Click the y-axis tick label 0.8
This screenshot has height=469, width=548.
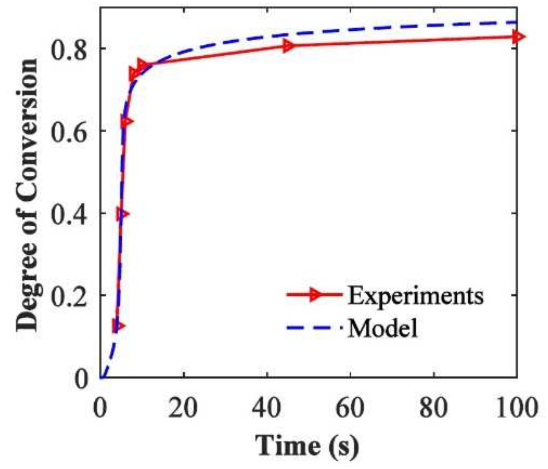pyautogui.click(x=69, y=49)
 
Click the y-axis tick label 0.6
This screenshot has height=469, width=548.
pyautogui.click(x=69, y=131)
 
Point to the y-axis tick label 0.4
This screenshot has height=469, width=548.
pyautogui.click(x=69, y=214)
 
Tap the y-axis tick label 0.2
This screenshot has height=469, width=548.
pyautogui.click(x=69, y=296)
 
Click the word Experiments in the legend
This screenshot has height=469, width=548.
pyautogui.click(x=415, y=296)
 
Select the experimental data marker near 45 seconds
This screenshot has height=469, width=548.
pyautogui.click(x=288, y=46)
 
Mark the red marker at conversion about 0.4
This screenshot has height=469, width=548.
pyautogui.click(x=123, y=214)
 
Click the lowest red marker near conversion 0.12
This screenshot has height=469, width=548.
pyautogui.click(x=118, y=326)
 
